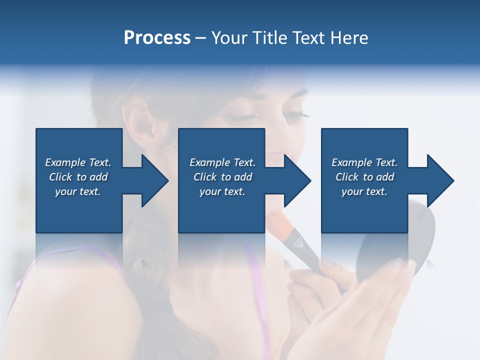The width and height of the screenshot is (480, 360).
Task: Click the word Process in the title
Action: [157, 38]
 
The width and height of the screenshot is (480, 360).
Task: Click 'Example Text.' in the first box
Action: [78, 162]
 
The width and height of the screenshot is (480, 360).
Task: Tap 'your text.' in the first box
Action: [78, 191]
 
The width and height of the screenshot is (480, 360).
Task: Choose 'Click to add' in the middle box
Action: [222, 177]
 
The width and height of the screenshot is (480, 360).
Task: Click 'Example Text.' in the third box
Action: [364, 162]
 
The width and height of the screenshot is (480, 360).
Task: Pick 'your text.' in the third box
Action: [364, 191]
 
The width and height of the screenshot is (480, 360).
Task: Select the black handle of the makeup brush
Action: [307, 255]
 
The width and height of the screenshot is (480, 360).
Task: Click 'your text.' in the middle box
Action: [222, 191]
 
